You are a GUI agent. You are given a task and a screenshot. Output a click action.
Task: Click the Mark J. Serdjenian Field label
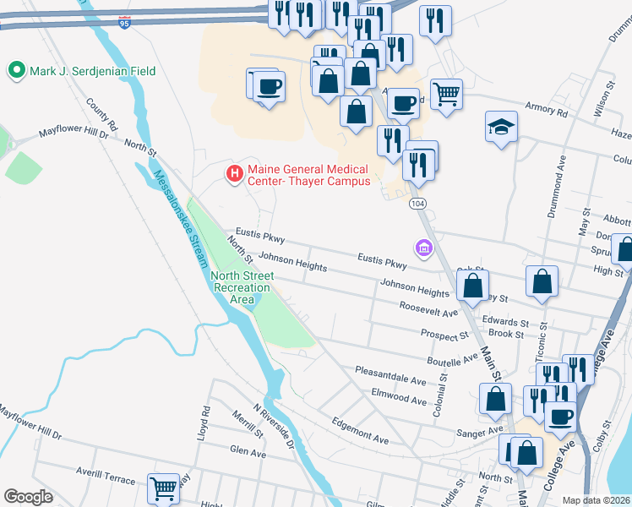[x=93, y=71]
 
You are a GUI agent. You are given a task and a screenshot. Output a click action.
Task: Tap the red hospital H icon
[x=235, y=175]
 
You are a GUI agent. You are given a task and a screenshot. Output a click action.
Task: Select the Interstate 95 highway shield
[x=124, y=24]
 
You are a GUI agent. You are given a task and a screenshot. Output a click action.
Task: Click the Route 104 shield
[x=417, y=204]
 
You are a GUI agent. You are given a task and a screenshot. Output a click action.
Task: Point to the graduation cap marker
[x=501, y=128]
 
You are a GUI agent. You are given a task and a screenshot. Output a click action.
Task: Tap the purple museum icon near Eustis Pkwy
[x=423, y=248]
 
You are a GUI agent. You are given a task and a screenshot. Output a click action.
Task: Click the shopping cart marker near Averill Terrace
[x=164, y=488]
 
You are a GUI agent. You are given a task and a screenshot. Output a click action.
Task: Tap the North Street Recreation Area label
[x=242, y=287]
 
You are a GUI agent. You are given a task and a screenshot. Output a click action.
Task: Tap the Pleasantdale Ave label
[x=390, y=375]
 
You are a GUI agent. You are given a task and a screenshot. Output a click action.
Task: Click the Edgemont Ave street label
[x=360, y=430]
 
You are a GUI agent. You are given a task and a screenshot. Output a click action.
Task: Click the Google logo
[x=29, y=497]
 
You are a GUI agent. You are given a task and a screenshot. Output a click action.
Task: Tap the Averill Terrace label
[x=103, y=479]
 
